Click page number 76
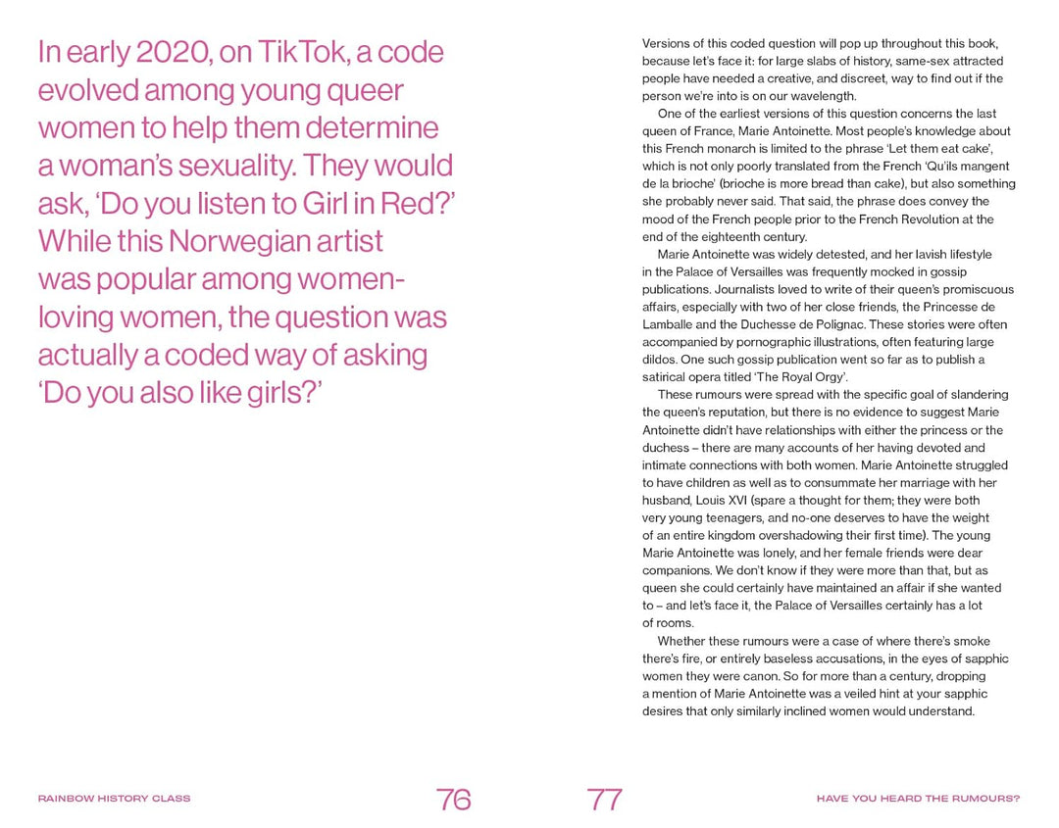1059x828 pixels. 454,800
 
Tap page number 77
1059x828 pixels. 605,800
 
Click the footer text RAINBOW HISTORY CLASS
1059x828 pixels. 114,799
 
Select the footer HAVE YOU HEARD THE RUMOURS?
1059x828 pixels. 918,799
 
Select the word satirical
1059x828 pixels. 667,377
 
